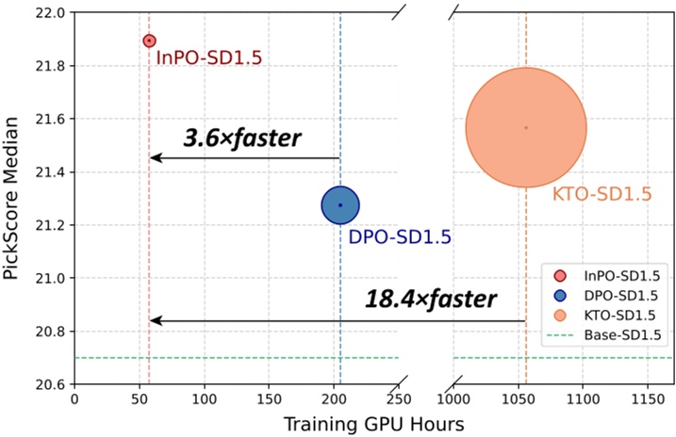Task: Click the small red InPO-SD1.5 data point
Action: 149,40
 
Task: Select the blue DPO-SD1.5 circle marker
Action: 340,204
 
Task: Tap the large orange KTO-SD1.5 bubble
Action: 526,127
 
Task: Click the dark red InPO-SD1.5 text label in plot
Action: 208,58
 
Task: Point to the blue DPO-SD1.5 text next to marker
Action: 400,237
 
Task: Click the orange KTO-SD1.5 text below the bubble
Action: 602,195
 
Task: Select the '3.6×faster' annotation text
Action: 242,138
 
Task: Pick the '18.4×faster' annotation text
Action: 430,299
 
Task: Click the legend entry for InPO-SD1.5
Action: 613,275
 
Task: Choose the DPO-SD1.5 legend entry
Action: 613,295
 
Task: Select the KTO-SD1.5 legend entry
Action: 613,314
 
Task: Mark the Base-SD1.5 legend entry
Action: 613,333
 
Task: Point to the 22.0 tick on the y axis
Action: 47,13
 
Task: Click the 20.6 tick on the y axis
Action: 47,384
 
